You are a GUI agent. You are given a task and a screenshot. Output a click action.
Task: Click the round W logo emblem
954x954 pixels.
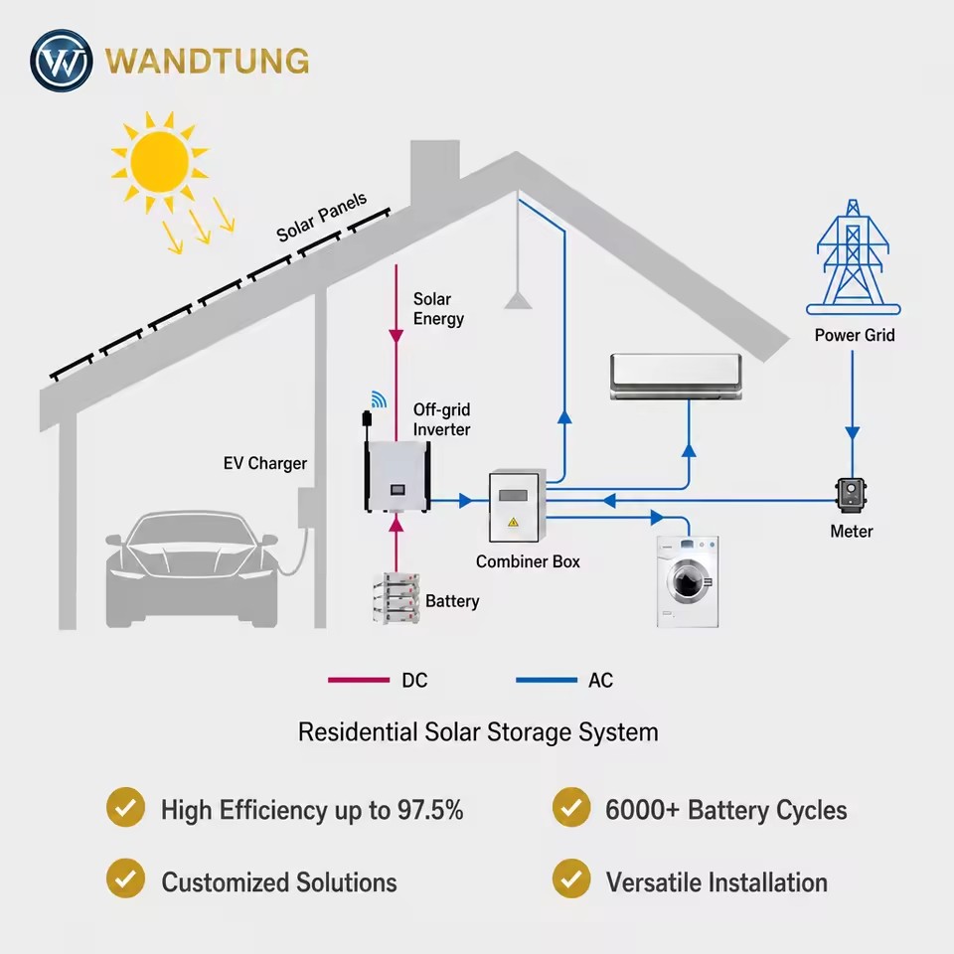pos(62,61)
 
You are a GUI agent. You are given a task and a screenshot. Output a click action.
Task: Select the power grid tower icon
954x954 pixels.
pos(853,257)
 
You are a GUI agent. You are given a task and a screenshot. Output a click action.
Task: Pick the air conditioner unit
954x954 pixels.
pos(676,377)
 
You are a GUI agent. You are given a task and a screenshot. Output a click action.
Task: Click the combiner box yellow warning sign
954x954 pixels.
pos(513,522)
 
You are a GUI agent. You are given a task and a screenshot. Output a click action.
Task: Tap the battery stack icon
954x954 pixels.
pos(397,598)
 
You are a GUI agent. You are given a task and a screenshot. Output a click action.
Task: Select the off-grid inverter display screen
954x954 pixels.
pos(397,489)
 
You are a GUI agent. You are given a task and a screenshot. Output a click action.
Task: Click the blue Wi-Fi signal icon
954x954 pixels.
pos(379,399)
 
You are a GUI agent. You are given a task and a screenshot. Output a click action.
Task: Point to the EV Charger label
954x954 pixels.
pos(264,464)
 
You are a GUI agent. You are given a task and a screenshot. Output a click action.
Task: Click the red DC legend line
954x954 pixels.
pos(359,680)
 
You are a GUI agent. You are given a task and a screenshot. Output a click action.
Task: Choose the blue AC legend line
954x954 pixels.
pos(547,680)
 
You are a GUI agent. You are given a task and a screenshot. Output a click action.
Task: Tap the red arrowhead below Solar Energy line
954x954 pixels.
pos(397,336)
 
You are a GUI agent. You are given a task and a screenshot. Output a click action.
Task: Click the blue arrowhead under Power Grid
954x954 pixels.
pos(853,433)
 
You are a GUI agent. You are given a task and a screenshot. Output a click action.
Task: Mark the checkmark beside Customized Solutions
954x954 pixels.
pos(125,877)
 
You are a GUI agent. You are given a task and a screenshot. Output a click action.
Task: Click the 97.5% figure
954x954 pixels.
pos(430,810)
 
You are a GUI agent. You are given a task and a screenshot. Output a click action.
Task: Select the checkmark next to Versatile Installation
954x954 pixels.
pos(571,877)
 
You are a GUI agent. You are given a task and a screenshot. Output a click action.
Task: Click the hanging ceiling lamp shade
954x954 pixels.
pos(518,300)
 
